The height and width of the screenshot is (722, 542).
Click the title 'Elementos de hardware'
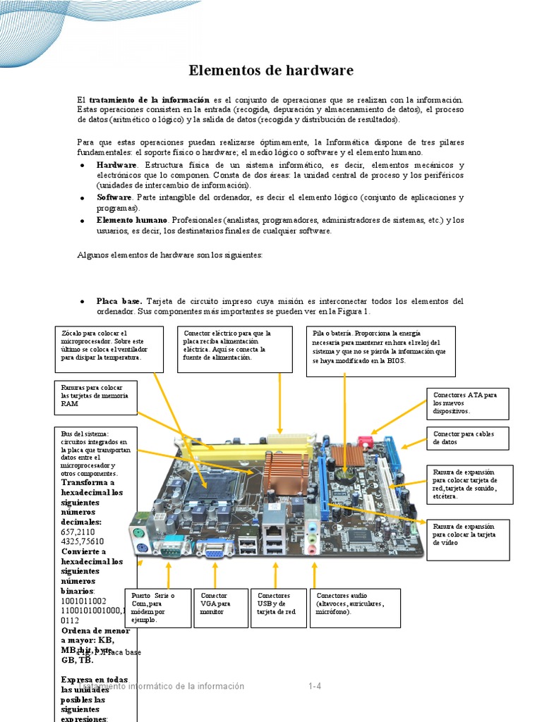point(271,71)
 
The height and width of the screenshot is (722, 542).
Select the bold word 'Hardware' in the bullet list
point(116,164)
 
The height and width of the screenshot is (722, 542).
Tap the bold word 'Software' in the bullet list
point(114,197)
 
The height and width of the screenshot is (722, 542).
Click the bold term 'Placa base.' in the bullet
point(119,301)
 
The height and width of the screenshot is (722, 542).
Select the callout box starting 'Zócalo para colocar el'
point(109,348)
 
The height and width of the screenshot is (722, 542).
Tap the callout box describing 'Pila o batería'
point(381,350)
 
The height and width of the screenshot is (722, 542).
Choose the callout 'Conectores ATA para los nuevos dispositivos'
point(467,403)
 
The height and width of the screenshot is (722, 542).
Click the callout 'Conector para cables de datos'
point(467,438)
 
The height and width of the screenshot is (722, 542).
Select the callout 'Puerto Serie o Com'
point(157,607)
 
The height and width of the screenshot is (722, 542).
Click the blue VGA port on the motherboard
point(212,549)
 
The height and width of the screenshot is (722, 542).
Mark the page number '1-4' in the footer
point(315,686)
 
